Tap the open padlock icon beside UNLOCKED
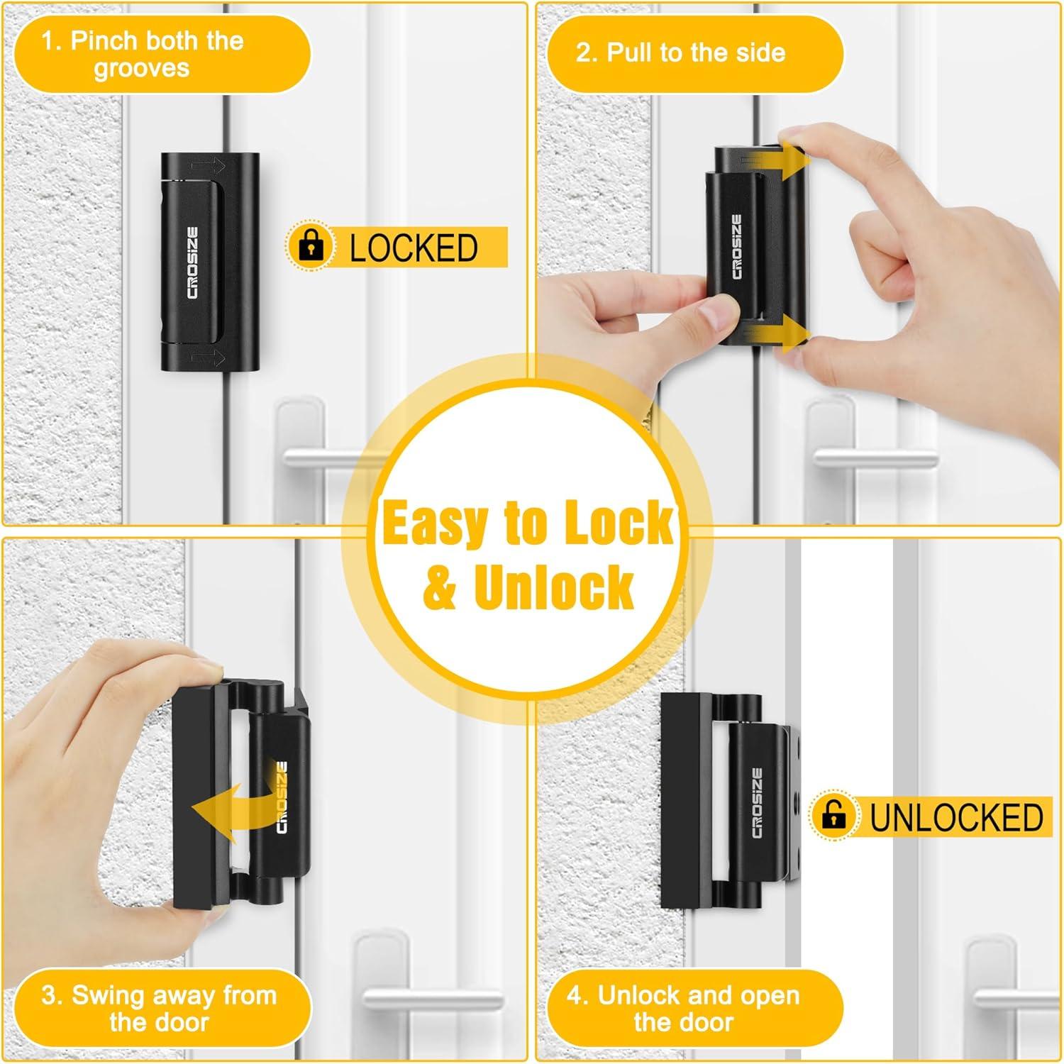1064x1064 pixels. (834, 815)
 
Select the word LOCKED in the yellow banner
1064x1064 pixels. (414, 248)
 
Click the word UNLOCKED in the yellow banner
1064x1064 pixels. (955, 817)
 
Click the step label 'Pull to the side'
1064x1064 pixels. (680, 52)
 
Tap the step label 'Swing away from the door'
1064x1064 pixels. (159, 1008)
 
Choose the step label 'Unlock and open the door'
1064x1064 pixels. (683, 1008)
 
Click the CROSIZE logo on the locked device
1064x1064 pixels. (193, 262)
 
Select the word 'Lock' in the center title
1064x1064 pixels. (616, 523)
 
